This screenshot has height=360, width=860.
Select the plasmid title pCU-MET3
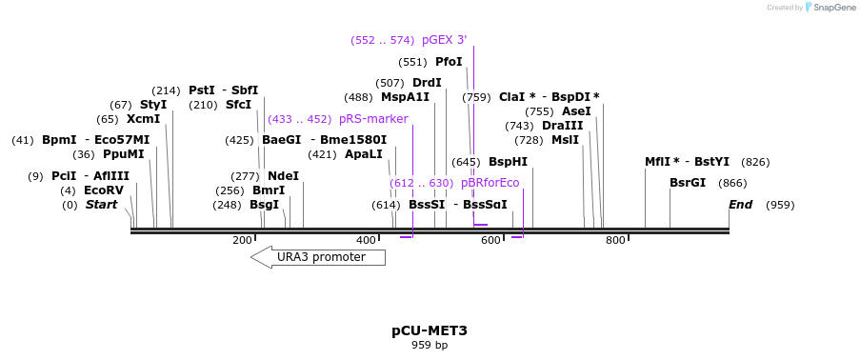[x=429, y=330]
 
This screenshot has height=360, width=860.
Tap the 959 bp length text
[x=429, y=345]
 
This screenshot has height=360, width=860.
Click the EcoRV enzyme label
[x=104, y=190]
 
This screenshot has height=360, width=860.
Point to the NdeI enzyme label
[x=283, y=176]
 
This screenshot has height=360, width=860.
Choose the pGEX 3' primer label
[x=444, y=40]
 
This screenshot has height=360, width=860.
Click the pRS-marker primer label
[x=373, y=119]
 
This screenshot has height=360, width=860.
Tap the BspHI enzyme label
[x=508, y=162]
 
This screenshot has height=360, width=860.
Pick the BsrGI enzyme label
[x=688, y=183]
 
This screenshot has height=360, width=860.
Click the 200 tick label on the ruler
[x=242, y=240]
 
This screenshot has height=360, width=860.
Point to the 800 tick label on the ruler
[x=615, y=240]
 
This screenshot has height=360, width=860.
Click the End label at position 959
[x=740, y=205]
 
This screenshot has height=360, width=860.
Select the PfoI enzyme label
[x=449, y=62]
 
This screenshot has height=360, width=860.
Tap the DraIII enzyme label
[x=562, y=126]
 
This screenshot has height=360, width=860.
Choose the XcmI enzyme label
[x=143, y=119]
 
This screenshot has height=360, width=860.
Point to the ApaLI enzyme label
[x=363, y=154]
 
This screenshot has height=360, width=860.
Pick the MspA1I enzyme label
[x=405, y=97]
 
